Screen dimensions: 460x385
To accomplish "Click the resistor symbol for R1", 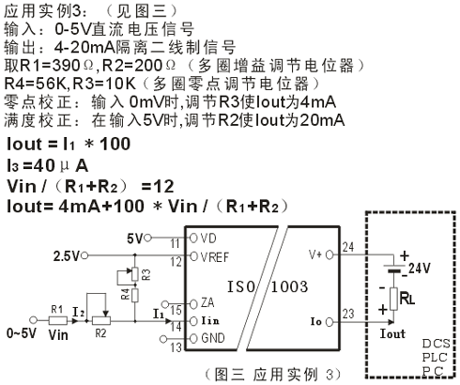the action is pyautogui.click(x=58, y=320).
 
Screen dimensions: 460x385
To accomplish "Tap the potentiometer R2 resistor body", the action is pyautogui.click(x=100, y=320).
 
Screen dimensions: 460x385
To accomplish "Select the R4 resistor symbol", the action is pyautogui.click(x=135, y=295).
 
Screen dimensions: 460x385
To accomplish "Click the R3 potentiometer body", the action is pyautogui.click(x=135, y=273).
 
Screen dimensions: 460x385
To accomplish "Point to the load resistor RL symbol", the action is pyautogui.click(x=393, y=299).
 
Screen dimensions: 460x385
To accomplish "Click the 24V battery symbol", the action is pyautogui.click(x=394, y=269).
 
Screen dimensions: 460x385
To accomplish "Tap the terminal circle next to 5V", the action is pyautogui.click(x=147, y=238).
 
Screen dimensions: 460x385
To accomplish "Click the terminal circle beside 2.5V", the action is pyautogui.click(x=84, y=255).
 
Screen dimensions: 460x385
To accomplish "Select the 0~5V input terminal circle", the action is pyautogui.click(x=33, y=320).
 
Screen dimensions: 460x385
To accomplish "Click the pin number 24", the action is pyautogui.click(x=348, y=247).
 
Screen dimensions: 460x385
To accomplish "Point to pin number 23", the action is pyautogui.click(x=348, y=314).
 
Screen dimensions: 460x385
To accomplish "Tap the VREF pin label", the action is pyautogui.click(x=215, y=257).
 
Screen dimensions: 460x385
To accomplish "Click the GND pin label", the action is pyautogui.click(x=213, y=338).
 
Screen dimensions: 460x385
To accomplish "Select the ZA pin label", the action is pyautogui.click(x=207, y=302).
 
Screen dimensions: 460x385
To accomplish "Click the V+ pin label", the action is pyautogui.click(x=314, y=254).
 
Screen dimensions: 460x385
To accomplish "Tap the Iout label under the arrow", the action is pyautogui.click(x=392, y=333).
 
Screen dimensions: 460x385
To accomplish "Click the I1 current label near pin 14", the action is pyautogui.click(x=159, y=314).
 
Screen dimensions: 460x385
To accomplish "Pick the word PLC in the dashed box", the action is pyautogui.click(x=435, y=358).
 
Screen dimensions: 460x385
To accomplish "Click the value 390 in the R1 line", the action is pyautogui.click(x=66, y=66).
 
